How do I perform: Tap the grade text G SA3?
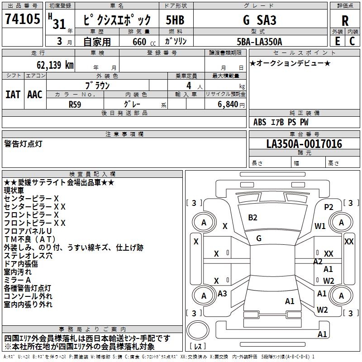tap(259, 20)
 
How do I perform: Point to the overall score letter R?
tap(345, 20)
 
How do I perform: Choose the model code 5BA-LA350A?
tap(259, 42)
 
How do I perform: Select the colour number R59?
tap(75, 104)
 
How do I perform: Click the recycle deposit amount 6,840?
tap(228, 104)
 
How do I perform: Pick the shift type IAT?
tap(13, 94)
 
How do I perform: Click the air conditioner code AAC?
tap(35, 94)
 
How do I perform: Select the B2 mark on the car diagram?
tap(252, 218)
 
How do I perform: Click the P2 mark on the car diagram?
tap(329, 207)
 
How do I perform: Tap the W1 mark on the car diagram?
tap(320, 226)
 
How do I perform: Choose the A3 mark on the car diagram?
tap(222, 294)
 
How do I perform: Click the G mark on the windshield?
tap(259, 238)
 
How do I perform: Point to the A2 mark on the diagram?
tap(318, 262)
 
